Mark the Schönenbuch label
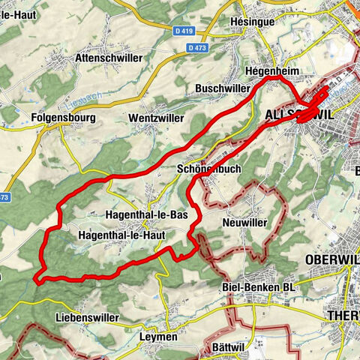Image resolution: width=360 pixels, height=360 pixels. pos(210,169)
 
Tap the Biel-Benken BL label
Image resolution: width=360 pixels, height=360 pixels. pos(259,288)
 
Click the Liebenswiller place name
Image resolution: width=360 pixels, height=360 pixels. pos(87,317)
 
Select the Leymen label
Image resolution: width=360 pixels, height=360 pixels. pos(157,337)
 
